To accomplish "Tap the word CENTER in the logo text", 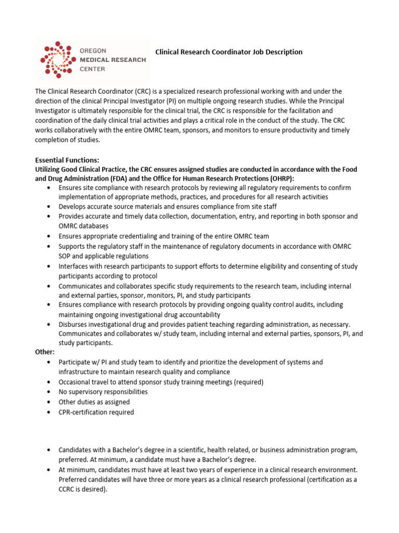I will click(x=92, y=69).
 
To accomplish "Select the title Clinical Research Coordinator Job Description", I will click(x=229, y=52).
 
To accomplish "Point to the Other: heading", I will click(x=45, y=352).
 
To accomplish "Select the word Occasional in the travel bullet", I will click(x=76, y=382).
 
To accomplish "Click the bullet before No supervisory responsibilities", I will click(x=48, y=392).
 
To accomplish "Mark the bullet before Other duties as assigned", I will click(x=48, y=402).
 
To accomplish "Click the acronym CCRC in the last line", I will click(x=68, y=489).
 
